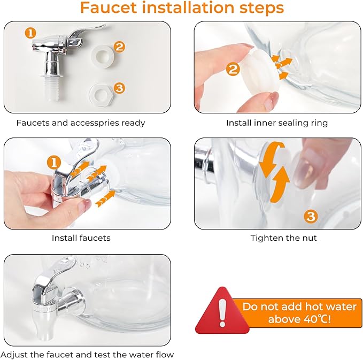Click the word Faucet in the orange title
pyautogui.click(x=109, y=7)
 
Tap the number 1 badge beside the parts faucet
pyautogui.click(x=30, y=33)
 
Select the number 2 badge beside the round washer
pyautogui.click(x=119, y=47)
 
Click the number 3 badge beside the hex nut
pyautogui.click(x=119, y=88)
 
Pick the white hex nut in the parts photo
pyautogui.click(x=101, y=94)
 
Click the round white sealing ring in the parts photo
pyautogui.click(x=102, y=57)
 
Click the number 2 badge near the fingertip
pyautogui.click(x=233, y=69)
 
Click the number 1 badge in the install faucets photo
pyautogui.click(x=54, y=163)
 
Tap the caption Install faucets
pyautogui.click(x=81, y=238)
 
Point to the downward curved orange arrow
pyautogui.click(x=269, y=157)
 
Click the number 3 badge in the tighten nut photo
pyautogui.click(x=311, y=217)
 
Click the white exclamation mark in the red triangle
pyautogui.click(x=222, y=312)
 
